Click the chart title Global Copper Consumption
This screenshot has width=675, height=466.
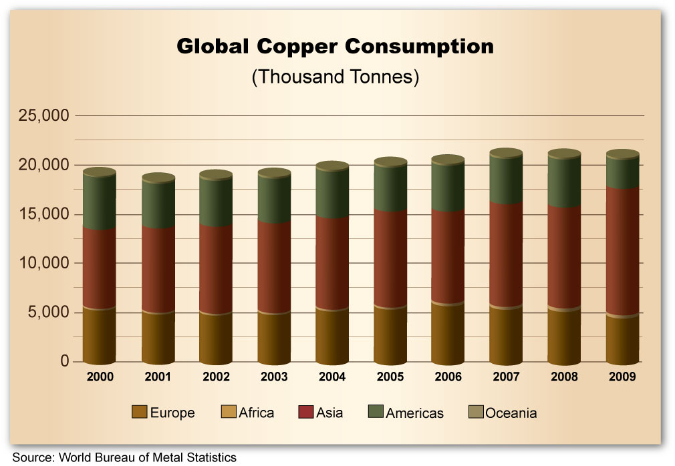[x=335, y=47]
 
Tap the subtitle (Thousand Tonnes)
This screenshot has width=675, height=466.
[x=335, y=76]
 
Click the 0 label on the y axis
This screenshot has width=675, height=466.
[x=65, y=361]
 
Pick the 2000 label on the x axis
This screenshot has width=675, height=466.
[x=100, y=377]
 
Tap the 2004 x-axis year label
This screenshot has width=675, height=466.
[x=332, y=377]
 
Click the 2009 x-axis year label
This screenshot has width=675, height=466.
[x=622, y=377]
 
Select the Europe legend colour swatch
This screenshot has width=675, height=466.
[x=139, y=413]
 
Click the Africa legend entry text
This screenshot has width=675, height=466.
[x=256, y=413]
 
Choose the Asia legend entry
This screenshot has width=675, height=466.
[x=330, y=413]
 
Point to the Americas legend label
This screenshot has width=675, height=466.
[x=415, y=413]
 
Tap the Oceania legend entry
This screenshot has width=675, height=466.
[x=511, y=413]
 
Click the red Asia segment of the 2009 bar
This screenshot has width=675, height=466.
[x=622, y=250]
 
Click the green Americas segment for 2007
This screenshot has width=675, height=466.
[x=506, y=180]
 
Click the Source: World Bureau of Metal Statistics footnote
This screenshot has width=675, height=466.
[x=124, y=457]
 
